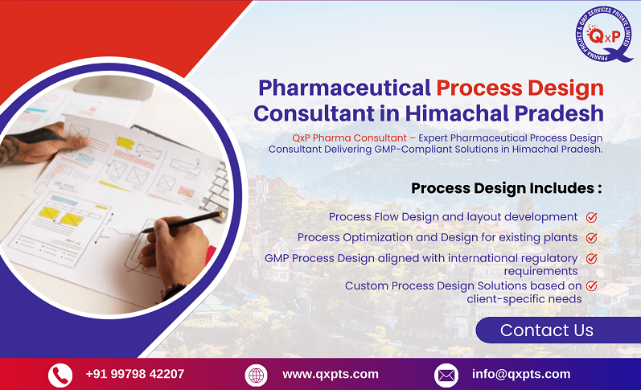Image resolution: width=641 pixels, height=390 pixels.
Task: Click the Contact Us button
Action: [x=547, y=330]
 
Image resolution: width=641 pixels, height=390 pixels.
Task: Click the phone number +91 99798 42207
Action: [x=134, y=374]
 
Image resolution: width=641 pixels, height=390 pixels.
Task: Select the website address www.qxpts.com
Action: [x=330, y=374]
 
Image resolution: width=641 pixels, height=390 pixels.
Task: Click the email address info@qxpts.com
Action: [x=520, y=374]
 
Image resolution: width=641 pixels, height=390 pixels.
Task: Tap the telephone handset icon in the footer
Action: [x=60, y=375]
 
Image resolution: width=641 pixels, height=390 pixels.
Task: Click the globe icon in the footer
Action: [x=256, y=375]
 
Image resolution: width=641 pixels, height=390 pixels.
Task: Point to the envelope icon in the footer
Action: [x=446, y=375]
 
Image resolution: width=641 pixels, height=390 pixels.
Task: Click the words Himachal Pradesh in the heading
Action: [x=504, y=113]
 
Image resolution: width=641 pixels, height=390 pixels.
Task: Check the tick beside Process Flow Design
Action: [x=591, y=217]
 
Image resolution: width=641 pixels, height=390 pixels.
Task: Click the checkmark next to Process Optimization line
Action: [x=591, y=237]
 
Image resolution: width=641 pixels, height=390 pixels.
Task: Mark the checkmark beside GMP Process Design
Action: [x=591, y=258]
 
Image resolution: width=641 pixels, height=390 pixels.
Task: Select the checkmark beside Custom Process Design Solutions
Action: [x=591, y=285]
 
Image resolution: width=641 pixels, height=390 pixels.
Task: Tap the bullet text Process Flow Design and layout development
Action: [x=453, y=217]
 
